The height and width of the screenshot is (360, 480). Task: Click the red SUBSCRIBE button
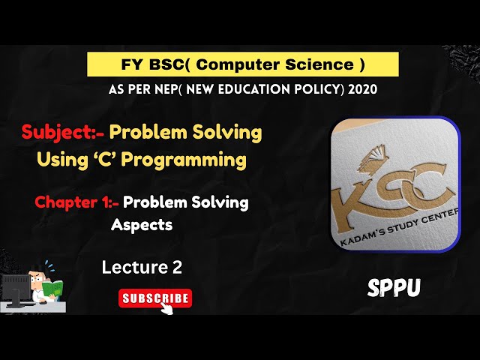pyautogui.click(x=155, y=298)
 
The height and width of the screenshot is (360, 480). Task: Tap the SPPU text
pyautogui.click(x=394, y=287)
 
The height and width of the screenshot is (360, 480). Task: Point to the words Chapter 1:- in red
pyautogui.click(x=76, y=202)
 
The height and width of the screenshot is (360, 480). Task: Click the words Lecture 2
pyautogui.click(x=142, y=266)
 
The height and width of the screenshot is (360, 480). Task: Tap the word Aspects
pyautogui.click(x=142, y=223)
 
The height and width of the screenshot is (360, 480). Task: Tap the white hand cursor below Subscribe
pyautogui.click(x=166, y=308)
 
